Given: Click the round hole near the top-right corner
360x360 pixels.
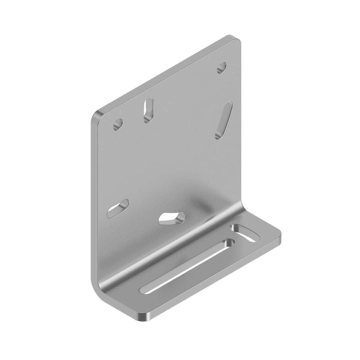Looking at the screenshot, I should [221, 67].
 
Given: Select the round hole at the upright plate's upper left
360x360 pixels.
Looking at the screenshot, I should [118, 123].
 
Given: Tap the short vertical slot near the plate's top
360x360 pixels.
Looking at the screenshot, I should [148, 110].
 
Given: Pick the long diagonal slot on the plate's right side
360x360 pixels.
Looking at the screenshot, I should [223, 120].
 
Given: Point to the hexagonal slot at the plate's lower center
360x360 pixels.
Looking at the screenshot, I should [172, 218].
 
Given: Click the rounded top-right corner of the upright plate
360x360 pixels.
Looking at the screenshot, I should [236, 39].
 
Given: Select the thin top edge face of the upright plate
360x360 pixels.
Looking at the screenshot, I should [166, 72].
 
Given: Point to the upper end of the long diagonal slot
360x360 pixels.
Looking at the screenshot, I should [229, 106].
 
